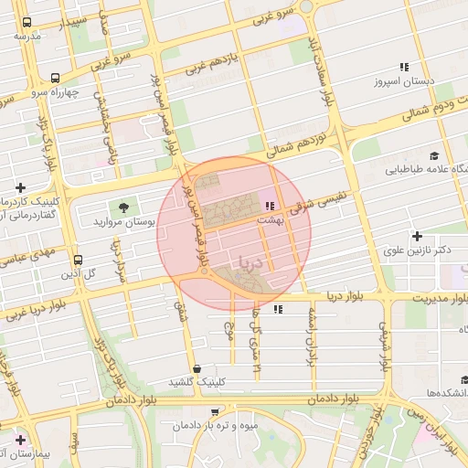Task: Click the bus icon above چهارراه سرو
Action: point(56,79)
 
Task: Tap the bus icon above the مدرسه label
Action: point(26,22)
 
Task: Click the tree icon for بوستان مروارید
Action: point(123,207)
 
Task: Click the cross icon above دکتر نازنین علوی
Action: point(417,236)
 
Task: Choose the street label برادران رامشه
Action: point(311,329)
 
